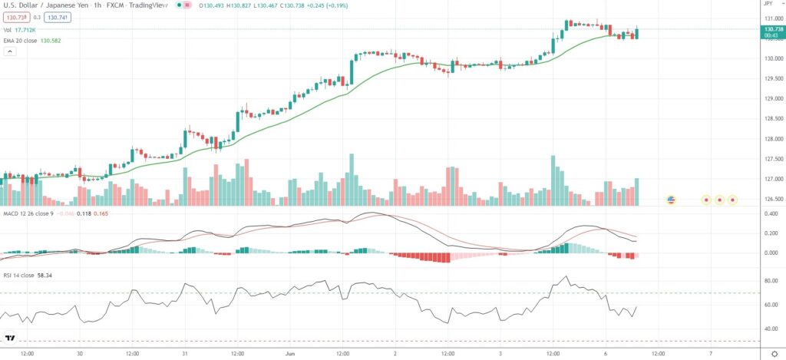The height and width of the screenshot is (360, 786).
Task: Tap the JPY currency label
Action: [x=770, y=7]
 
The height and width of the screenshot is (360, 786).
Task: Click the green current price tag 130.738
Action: [x=770, y=29]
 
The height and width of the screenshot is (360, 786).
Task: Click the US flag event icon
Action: [x=671, y=200]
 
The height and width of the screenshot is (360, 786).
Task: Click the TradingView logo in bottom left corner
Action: [x=10, y=339]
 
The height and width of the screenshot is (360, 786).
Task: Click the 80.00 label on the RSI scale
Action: [x=768, y=282]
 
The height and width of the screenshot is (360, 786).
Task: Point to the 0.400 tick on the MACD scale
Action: [x=768, y=213]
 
